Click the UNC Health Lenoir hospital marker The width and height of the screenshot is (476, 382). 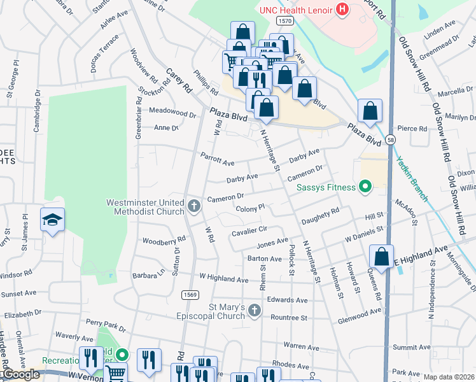(342, 9)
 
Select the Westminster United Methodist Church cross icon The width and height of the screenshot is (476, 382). (194, 206)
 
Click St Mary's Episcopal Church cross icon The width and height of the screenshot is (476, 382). (254, 311)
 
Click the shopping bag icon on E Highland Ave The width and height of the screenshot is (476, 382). (381, 257)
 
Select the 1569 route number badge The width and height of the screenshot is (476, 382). (189, 294)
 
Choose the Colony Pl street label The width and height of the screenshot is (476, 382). (249, 208)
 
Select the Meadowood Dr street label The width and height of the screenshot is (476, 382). (172, 111)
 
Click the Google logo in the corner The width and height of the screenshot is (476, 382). (20, 374)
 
